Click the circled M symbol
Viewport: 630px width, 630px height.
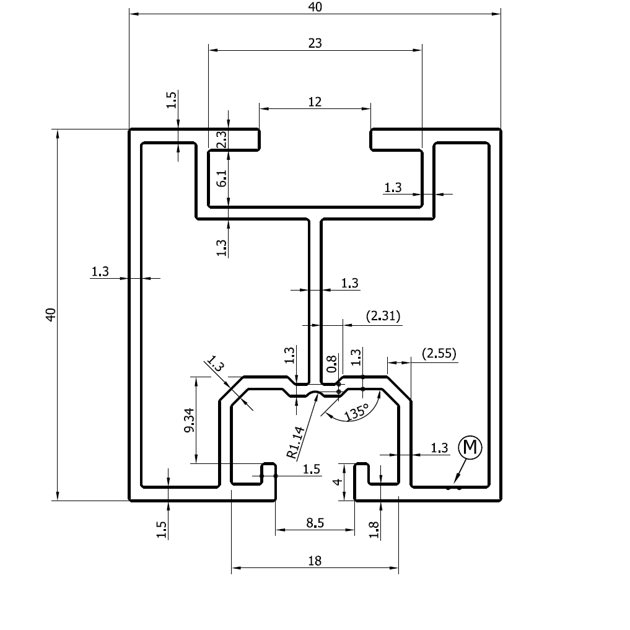[470, 447]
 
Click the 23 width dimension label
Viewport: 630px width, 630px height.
[315, 43]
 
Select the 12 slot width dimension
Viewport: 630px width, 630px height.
[315, 102]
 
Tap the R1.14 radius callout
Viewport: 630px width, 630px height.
[296, 442]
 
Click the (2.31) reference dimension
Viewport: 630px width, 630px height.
[383, 317]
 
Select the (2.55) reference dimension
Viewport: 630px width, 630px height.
[439, 354]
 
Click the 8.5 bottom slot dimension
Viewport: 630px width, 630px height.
[315, 523]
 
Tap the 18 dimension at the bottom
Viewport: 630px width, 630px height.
[315, 561]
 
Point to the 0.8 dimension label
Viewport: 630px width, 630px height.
[331, 363]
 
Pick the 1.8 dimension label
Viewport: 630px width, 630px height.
[373, 530]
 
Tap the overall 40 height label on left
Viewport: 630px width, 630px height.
[51, 314]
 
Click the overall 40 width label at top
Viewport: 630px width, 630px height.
[315, 7]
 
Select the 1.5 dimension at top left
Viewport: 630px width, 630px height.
[172, 99]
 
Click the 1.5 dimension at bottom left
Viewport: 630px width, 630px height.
[162, 530]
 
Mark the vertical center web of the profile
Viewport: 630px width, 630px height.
[314, 297]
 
